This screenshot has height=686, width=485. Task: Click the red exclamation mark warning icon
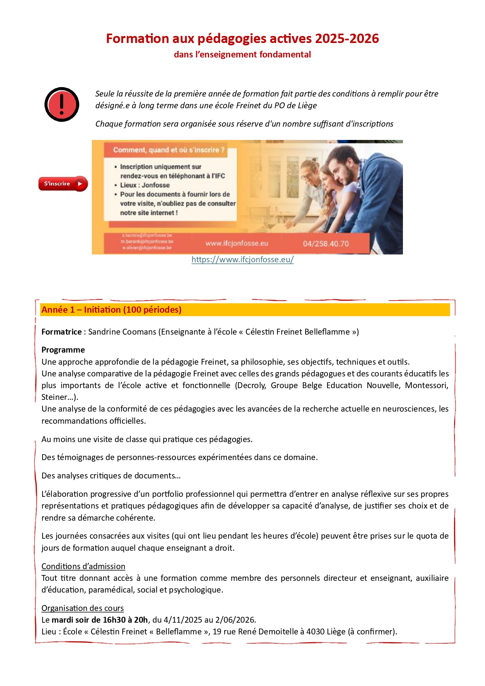click(62, 104)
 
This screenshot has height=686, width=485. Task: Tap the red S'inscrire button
click(63, 184)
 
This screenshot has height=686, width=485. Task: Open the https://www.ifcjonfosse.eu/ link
click(242, 260)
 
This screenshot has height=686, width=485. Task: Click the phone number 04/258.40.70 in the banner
click(326, 244)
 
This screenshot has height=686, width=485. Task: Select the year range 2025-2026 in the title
click(347, 39)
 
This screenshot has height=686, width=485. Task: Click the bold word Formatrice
click(61, 332)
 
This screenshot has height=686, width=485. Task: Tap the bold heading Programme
click(63, 350)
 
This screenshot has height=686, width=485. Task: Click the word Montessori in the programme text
click(426, 385)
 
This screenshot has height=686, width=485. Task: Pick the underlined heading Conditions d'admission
click(83, 566)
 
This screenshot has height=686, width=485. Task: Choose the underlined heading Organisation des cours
click(82, 608)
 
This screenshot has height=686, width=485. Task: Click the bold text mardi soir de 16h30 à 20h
click(100, 620)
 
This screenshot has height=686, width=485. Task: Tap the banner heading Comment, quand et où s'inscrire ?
click(169, 150)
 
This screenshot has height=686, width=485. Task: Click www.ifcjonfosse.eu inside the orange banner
click(236, 244)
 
